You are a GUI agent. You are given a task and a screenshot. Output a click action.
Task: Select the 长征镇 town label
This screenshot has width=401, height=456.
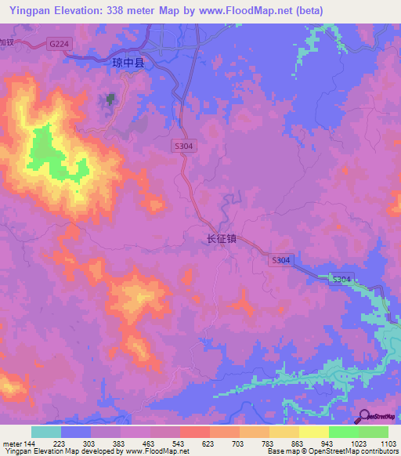(x=221, y=241)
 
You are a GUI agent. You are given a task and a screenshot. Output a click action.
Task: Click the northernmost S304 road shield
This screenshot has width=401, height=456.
(x=182, y=146)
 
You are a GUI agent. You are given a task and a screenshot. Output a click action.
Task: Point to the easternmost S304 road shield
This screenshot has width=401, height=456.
(x=341, y=279)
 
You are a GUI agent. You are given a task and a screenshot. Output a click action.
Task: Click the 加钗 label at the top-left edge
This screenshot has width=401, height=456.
(x=7, y=42)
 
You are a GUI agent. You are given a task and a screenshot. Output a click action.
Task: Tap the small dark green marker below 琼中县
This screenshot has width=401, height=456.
(x=110, y=100)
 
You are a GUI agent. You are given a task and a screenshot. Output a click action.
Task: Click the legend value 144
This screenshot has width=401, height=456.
(x=28, y=443)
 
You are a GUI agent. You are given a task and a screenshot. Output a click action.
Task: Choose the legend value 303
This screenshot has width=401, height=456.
(x=90, y=443)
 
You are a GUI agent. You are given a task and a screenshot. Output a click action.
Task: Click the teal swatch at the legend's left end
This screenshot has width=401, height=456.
(x=45, y=432)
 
